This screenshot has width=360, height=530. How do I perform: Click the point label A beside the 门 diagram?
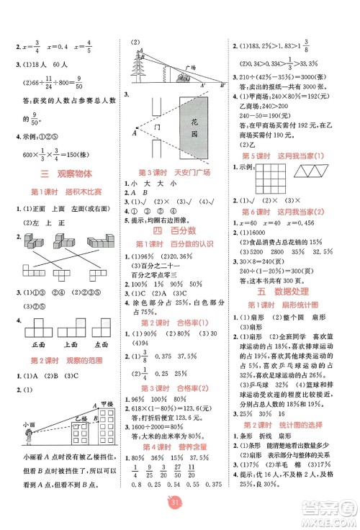[x=134, y=132]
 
